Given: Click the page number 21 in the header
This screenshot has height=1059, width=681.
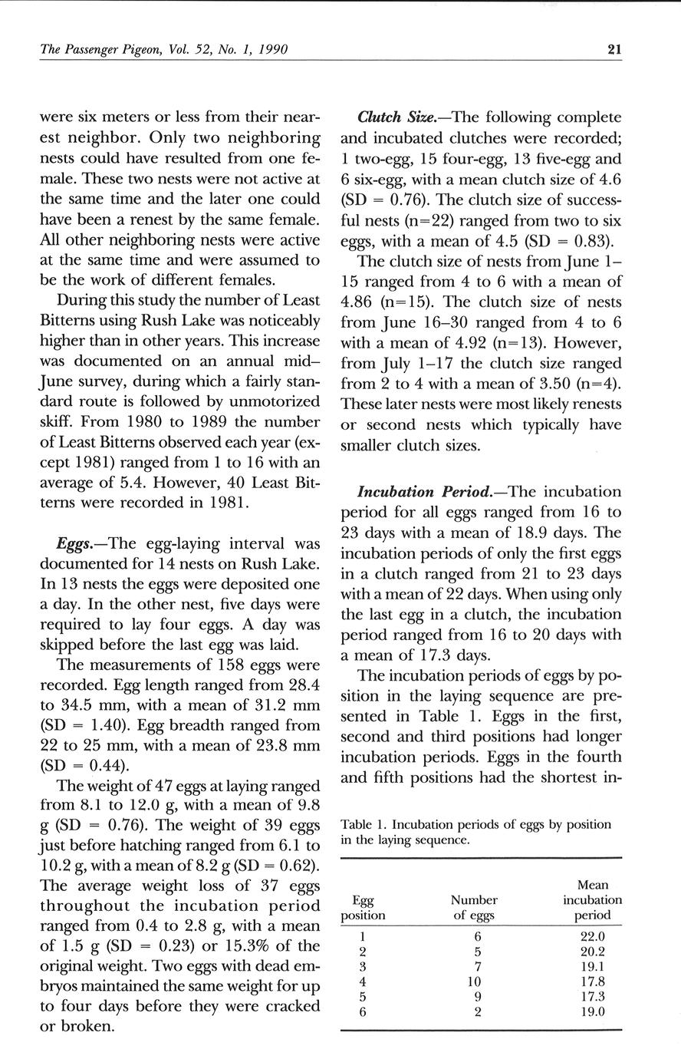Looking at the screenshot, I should coord(614,50).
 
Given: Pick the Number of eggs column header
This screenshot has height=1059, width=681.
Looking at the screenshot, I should coord(474,907).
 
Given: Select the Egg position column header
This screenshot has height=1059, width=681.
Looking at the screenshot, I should coord(363,907).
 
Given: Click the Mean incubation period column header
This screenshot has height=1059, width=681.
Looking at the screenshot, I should coord(592,899).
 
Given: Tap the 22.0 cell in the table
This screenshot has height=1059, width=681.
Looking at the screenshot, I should coord(593,936).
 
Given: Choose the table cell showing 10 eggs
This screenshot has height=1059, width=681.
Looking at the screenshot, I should coord(473,981).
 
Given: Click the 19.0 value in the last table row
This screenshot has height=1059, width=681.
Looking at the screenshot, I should coord(593,1011).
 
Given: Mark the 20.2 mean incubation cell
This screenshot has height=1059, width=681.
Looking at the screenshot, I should coord(593,952).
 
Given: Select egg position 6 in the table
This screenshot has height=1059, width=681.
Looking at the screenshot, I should coord(362,1011).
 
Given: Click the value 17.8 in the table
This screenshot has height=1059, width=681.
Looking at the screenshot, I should coord(593,981).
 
